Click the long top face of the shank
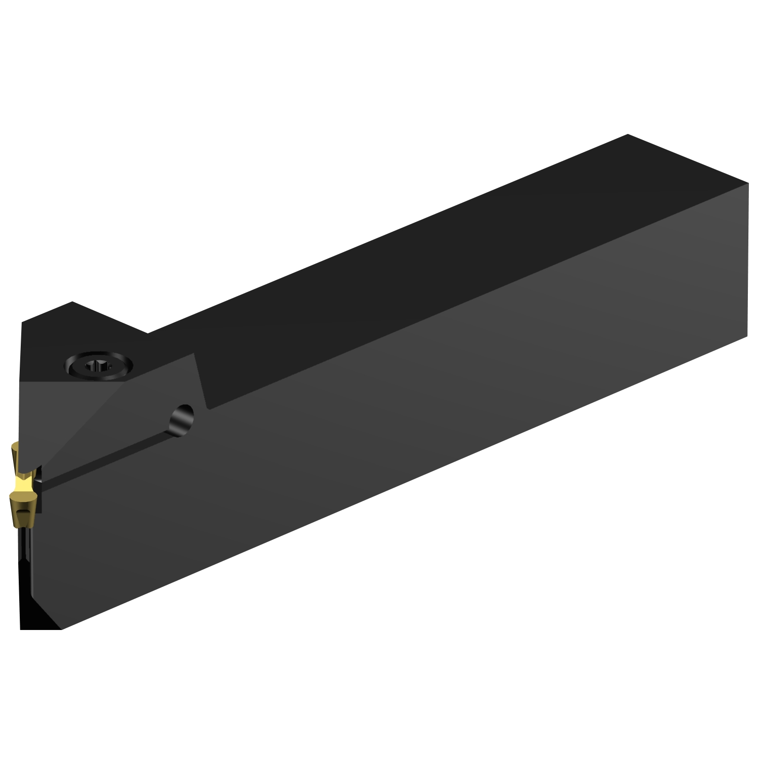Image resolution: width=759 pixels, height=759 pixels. pyautogui.click(x=405, y=263)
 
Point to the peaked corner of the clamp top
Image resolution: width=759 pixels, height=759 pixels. pyautogui.click(x=72, y=302)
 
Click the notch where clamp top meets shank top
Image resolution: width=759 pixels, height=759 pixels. pyautogui.click(x=148, y=333)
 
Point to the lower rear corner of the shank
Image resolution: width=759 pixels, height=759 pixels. pyautogui.click(x=747, y=335)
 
